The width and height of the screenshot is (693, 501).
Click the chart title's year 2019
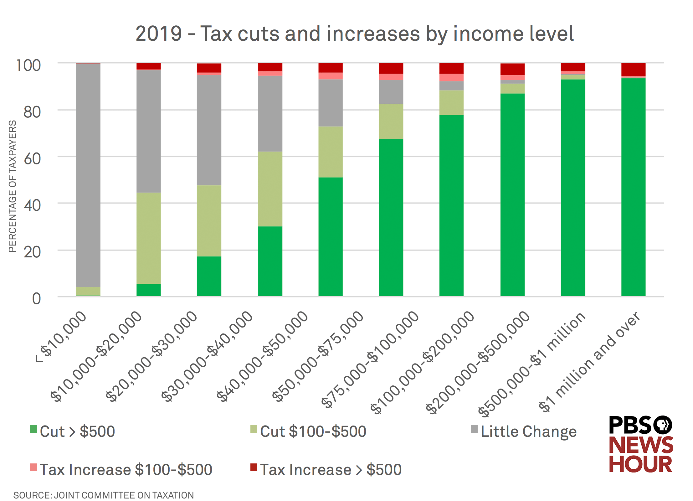pos(159,34)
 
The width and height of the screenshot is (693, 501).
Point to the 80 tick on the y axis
pos(32,112)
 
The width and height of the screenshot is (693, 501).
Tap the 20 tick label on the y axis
pos(32,252)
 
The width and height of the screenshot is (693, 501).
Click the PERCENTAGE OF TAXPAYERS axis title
pos(12,186)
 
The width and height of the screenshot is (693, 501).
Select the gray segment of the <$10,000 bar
pos(88,175)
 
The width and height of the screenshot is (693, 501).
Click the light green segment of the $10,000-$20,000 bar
pos(148,238)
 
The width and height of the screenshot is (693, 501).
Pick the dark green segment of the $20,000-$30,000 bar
pos(209,276)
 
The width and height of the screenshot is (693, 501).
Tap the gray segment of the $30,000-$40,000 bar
pos(270,113)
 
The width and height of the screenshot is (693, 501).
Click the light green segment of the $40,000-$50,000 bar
pos(330,152)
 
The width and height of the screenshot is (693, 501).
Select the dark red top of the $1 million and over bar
pos(633,69)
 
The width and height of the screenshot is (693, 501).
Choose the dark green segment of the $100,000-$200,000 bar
pos(451,205)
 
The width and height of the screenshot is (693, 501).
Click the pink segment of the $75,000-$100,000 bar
pos(391,77)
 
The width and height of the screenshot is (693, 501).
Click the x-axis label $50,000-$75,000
pos(318,357)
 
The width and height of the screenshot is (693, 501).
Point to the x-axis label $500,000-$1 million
pos(532,365)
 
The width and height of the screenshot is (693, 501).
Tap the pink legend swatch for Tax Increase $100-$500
pos(33,467)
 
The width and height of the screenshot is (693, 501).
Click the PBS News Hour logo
pos(640,445)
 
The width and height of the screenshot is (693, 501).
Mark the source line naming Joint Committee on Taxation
pos(103,495)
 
